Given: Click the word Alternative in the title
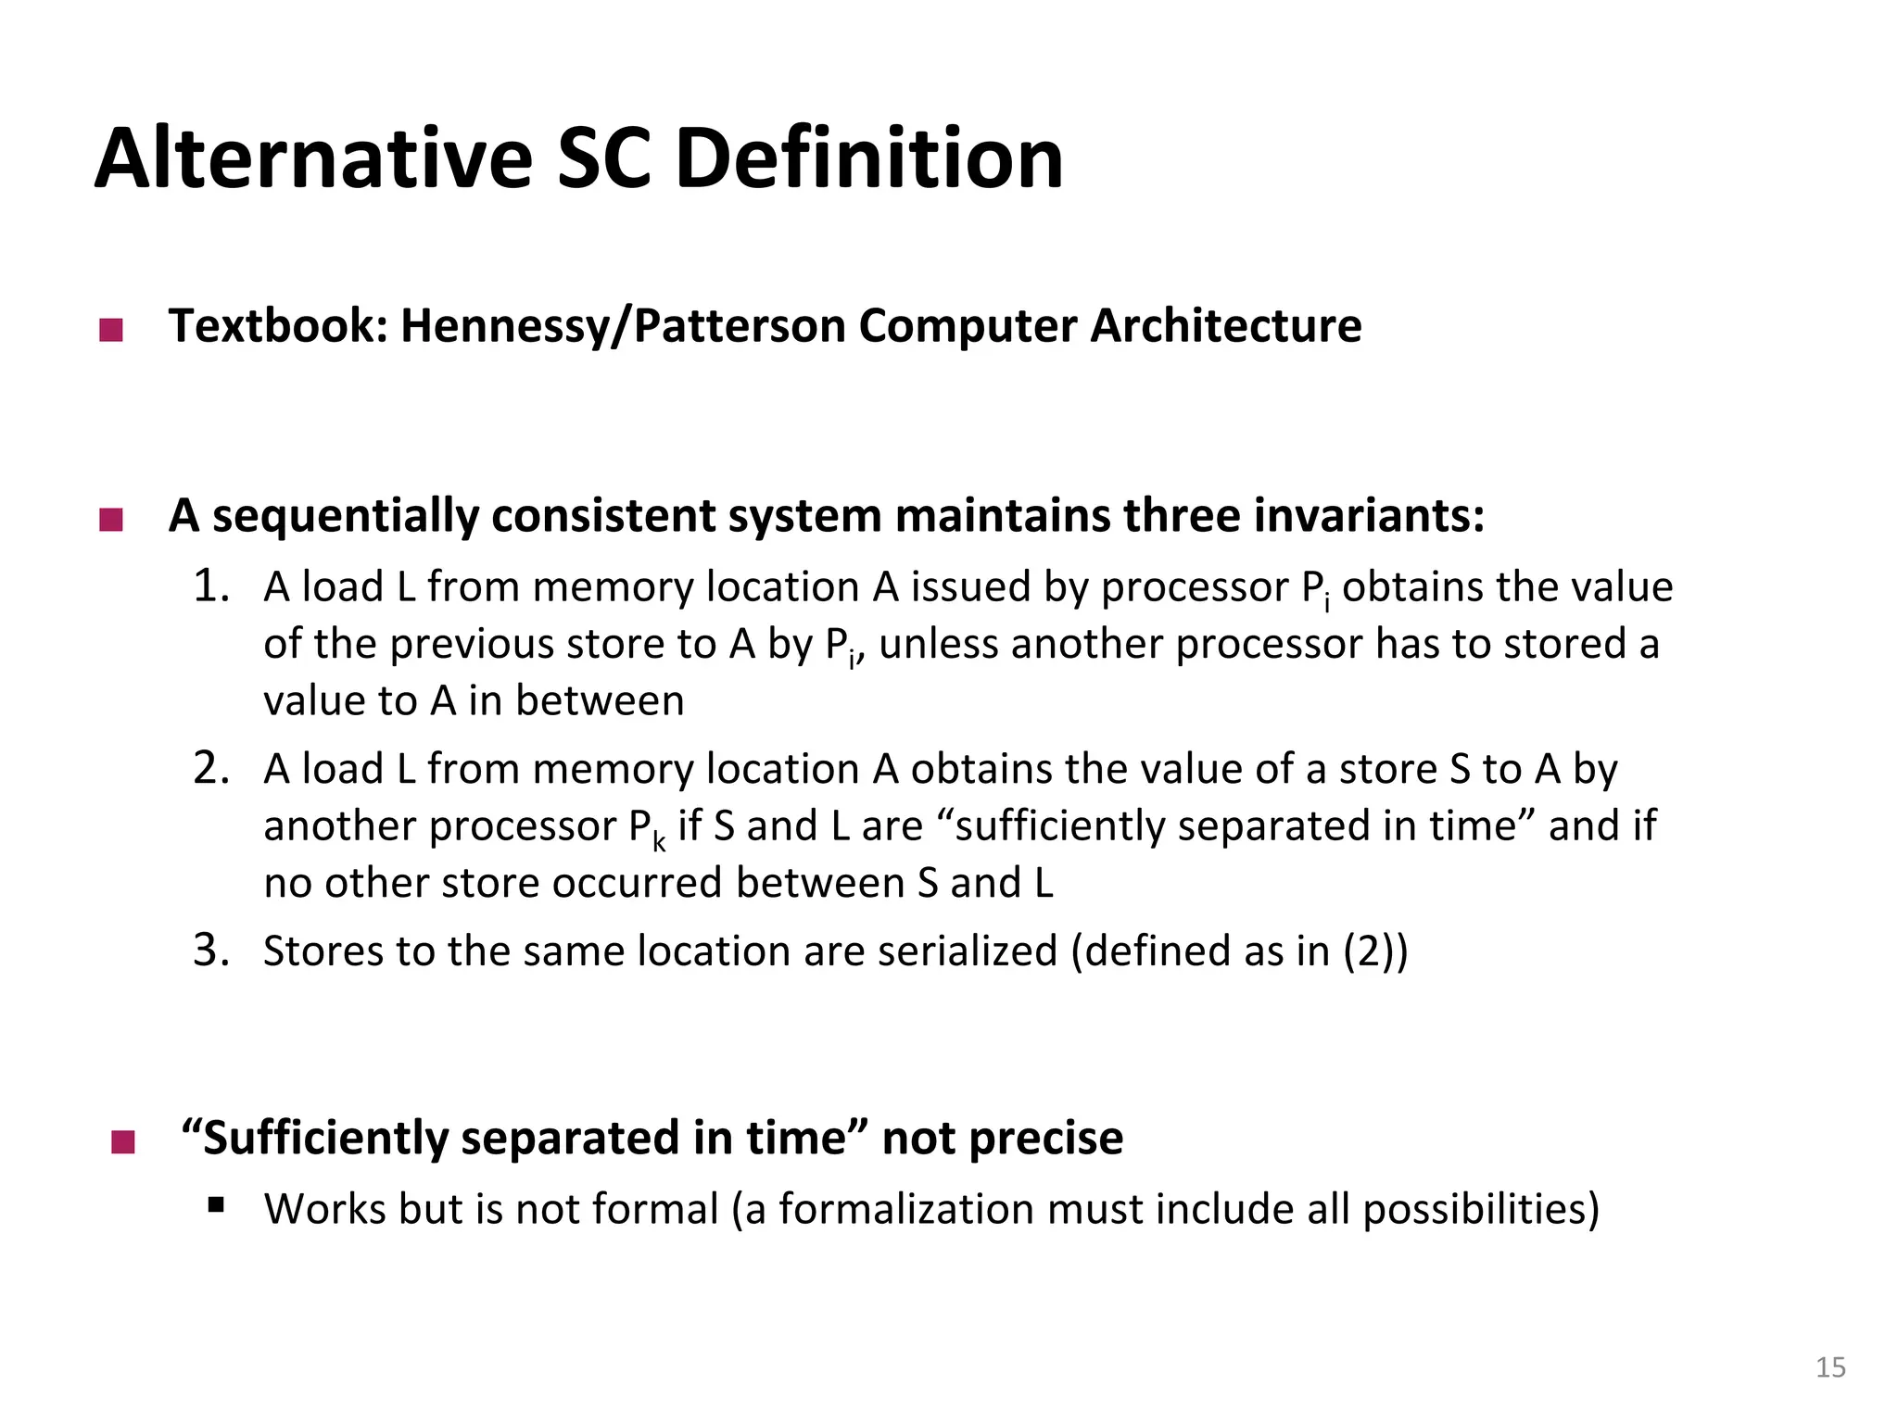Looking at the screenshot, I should click(313, 159).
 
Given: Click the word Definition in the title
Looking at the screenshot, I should click(868, 159).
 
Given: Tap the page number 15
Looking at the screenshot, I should click(1830, 1367).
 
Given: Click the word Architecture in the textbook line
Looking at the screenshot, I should click(1225, 326).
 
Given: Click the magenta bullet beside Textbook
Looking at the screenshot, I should click(111, 331).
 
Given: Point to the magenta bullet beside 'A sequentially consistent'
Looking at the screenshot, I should click(111, 520).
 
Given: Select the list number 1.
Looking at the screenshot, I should click(211, 586).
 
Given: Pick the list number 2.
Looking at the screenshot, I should click(211, 768).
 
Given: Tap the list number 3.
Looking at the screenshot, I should click(211, 951).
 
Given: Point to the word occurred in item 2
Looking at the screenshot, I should click(637, 883).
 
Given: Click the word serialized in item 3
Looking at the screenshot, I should click(967, 951).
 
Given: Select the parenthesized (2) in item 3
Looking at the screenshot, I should click(1369, 951).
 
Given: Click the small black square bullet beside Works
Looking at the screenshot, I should click(217, 1204).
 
